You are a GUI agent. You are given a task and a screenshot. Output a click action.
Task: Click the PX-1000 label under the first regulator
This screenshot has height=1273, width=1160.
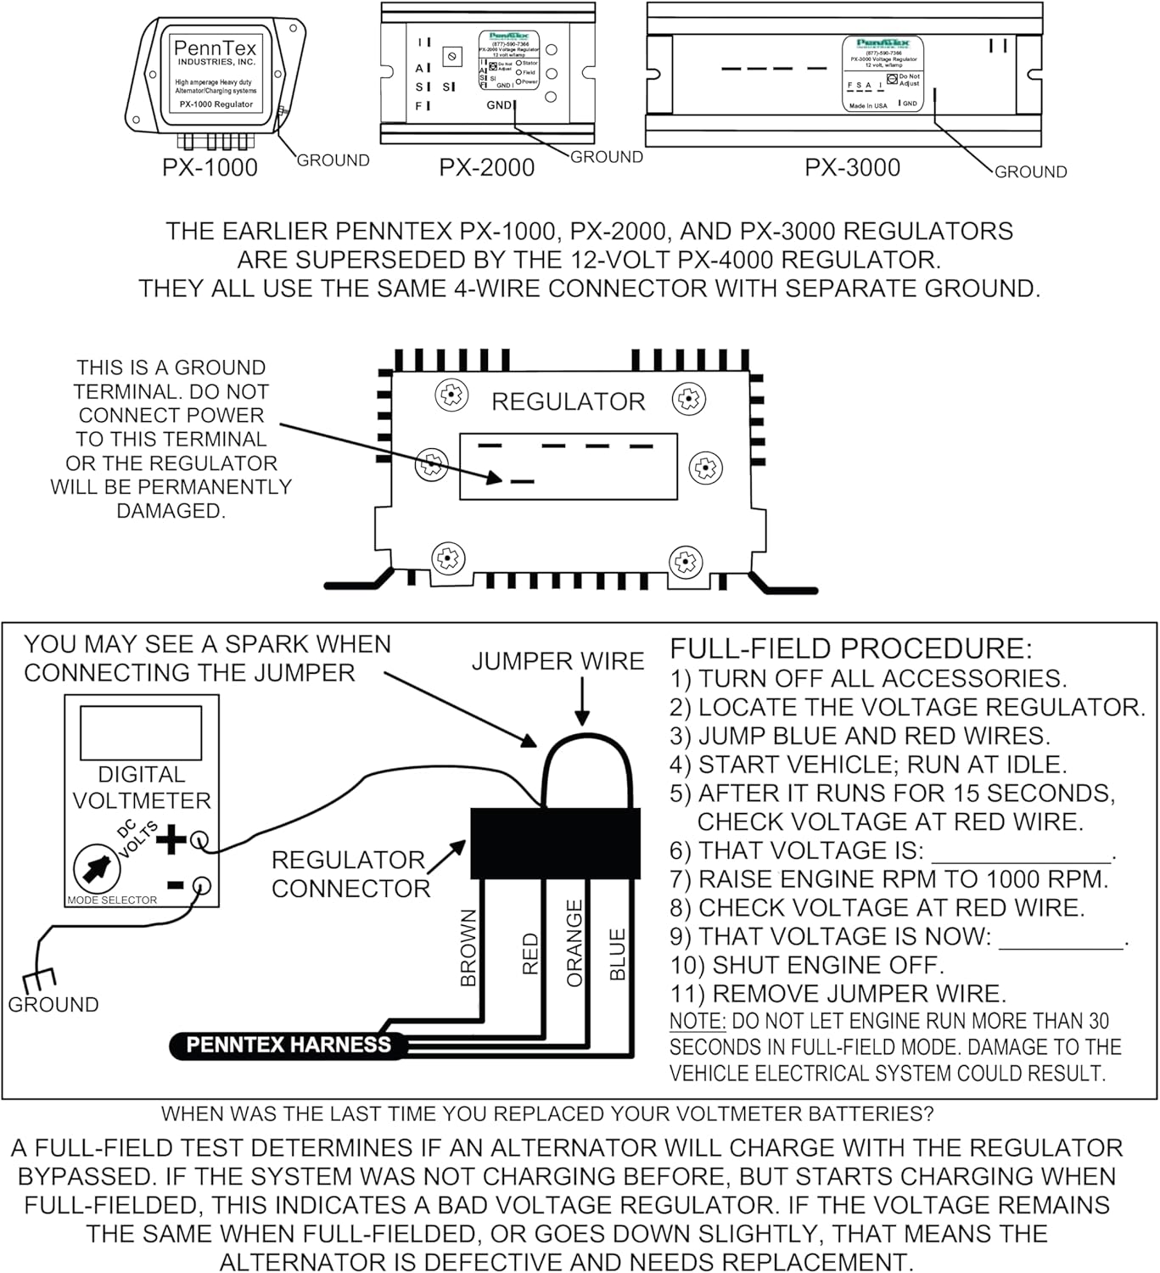point(210,167)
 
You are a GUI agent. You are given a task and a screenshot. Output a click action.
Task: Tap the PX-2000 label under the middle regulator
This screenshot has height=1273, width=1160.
point(486,167)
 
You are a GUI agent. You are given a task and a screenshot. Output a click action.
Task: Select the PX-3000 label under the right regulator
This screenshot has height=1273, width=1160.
point(852,167)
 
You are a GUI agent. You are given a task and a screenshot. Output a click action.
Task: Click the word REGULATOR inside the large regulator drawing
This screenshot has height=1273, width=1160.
point(568,401)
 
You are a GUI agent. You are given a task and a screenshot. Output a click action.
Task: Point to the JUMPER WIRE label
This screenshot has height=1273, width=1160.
point(558,661)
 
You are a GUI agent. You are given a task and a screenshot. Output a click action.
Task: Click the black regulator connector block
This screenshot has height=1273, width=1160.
point(555,843)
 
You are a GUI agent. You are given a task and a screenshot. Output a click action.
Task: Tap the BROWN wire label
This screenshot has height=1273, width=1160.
point(468,948)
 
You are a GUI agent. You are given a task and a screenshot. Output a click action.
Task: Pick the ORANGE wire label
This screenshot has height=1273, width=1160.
point(574,943)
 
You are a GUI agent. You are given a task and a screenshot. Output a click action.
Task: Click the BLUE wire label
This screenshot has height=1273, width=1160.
point(618,954)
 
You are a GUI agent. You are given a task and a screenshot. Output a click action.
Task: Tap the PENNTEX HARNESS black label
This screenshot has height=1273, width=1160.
point(288,1045)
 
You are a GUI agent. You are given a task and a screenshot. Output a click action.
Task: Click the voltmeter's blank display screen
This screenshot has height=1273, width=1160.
point(141,732)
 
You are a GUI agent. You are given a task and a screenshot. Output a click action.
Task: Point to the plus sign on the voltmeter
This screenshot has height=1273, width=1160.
point(171,839)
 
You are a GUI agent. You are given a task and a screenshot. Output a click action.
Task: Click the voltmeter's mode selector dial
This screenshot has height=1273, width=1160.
point(94,868)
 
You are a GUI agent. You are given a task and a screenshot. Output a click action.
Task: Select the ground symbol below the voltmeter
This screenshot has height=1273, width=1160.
point(39,979)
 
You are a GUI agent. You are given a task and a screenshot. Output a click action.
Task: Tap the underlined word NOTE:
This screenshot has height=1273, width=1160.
point(698,1021)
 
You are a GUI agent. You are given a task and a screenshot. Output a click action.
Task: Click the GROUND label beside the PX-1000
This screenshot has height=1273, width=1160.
point(333,160)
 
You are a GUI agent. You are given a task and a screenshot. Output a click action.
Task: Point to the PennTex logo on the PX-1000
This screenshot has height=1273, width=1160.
point(215,48)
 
